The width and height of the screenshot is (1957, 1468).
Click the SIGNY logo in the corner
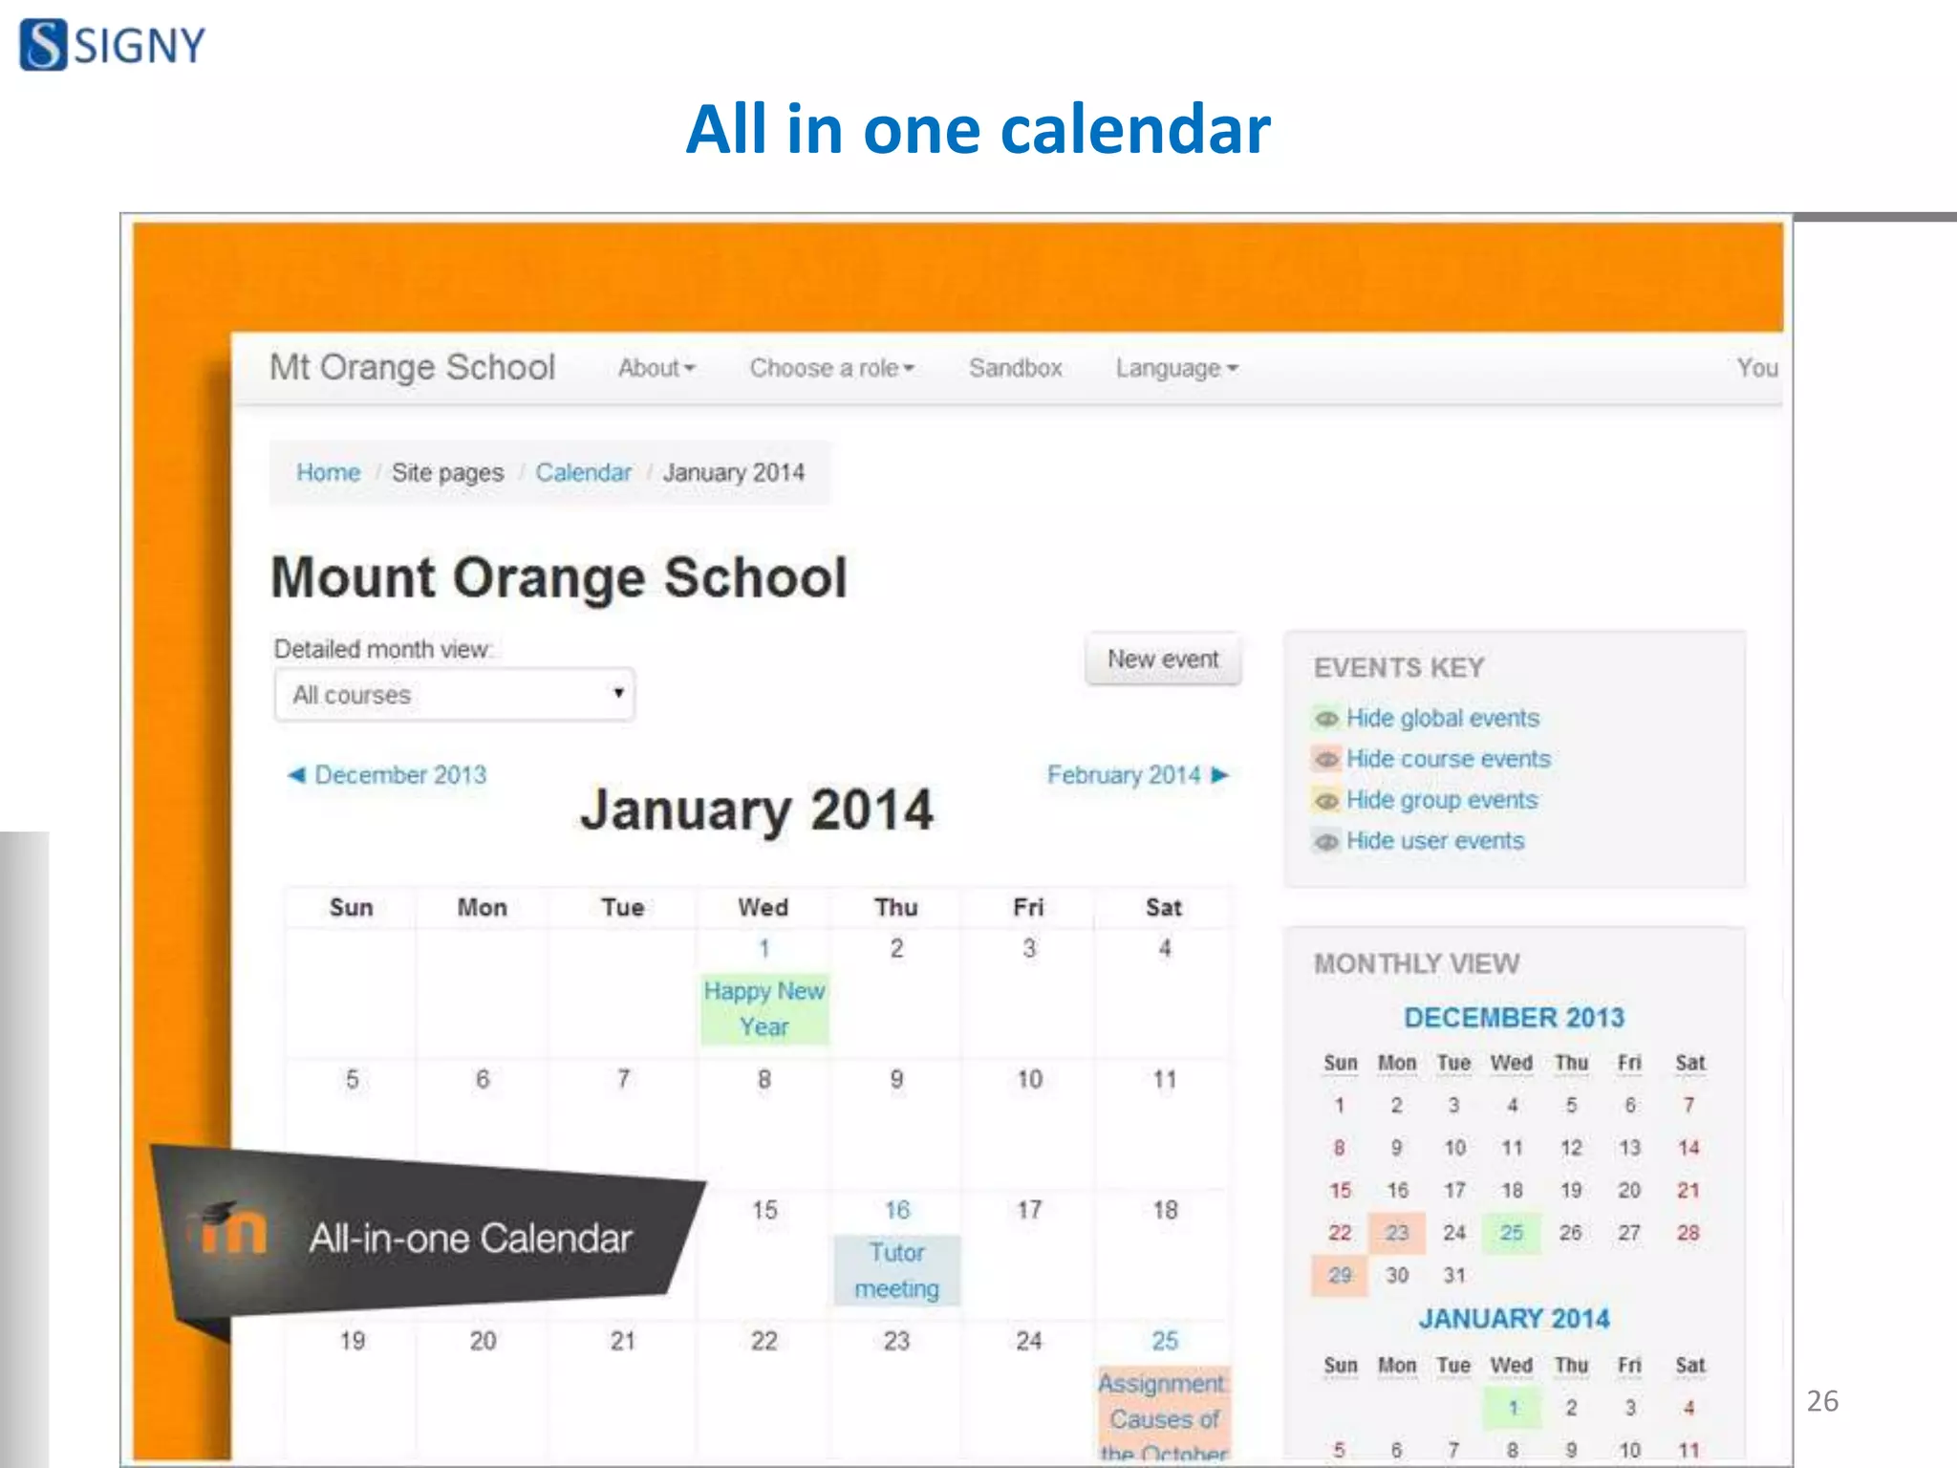[x=112, y=45]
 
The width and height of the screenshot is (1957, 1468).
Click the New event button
[x=1162, y=659]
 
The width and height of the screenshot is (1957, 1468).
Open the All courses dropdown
[x=455, y=695]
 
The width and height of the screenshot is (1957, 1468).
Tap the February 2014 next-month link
[x=1136, y=775]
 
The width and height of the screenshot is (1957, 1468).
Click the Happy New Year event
[x=764, y=1009]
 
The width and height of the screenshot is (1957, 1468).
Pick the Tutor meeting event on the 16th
[x=896, y=1270]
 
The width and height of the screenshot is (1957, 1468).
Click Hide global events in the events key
[x=1442, y=718]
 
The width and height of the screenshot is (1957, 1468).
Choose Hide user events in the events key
[x=1434, y=841]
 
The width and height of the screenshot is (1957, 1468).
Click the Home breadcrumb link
[x=328, y=472]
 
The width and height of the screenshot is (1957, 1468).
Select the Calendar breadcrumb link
[x=583, y=472]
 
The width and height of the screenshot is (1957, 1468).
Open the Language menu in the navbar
[x=1176, y=368]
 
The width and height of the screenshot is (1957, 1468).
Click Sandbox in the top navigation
[x=1015, y=368]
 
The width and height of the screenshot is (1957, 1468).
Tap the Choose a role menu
[x=831, y=368]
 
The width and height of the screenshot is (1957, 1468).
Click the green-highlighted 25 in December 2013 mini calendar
[x=1511, y=1233]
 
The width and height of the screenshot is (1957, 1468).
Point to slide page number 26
[x=1822, y=1401]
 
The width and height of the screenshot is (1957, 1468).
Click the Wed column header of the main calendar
[x=763, y=907]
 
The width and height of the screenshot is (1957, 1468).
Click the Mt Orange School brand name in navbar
[x=412, y=367]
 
